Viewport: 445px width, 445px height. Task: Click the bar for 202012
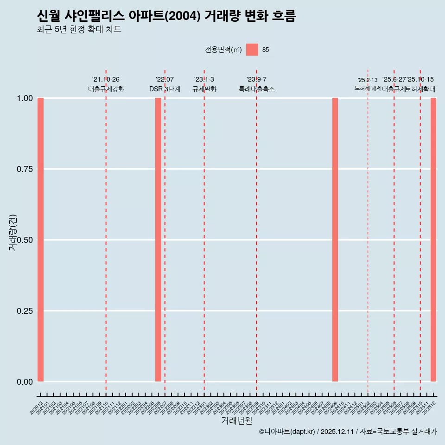40,240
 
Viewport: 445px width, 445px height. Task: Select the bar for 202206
158,240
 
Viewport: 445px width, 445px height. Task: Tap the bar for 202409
335,240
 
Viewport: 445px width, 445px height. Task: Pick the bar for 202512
433,240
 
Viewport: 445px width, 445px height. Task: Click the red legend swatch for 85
252,50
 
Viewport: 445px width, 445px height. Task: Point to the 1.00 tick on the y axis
24,98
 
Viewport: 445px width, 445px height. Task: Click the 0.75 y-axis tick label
24,169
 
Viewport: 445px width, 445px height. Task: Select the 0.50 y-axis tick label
24,240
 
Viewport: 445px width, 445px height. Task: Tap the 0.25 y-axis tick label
24,311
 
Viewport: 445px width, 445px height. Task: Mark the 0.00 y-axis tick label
24,381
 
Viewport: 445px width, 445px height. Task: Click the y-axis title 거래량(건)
13,233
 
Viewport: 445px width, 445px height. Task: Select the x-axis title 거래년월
237,420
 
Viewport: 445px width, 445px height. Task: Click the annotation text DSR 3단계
165,89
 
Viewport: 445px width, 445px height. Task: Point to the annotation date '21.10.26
106,79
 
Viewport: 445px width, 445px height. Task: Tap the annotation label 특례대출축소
257,89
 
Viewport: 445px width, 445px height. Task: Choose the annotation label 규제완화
204,89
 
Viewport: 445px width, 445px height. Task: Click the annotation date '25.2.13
368,80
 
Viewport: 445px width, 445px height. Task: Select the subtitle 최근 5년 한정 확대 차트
79,30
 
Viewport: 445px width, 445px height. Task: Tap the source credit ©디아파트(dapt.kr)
287,432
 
